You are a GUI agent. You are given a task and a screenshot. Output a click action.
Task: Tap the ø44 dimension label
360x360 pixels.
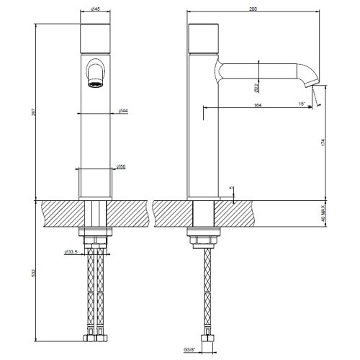coord(123,111)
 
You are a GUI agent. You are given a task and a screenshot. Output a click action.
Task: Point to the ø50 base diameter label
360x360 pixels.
coord(122,166)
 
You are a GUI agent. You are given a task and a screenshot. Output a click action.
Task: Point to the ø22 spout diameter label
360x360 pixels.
coord(257,88)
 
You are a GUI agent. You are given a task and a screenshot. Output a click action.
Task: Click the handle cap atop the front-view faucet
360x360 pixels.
coord(96,36)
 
